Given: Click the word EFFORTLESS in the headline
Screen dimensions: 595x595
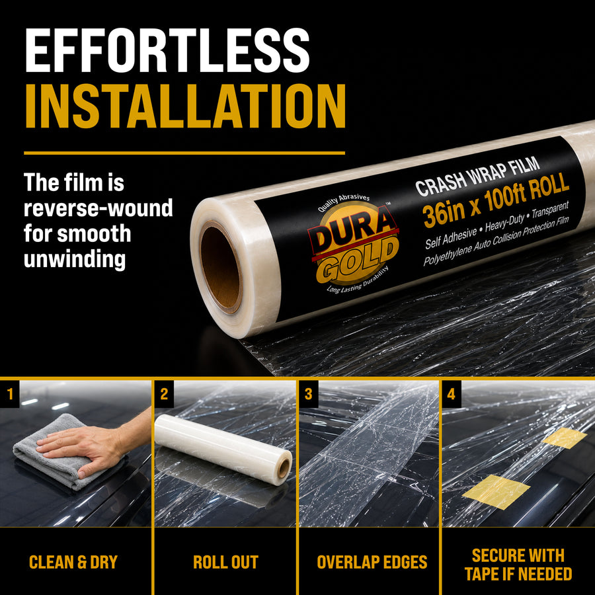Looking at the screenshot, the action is pyautogui.click(x=167, y=50).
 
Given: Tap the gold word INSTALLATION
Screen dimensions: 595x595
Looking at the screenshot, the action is pyautogui.click(x=185, y=106).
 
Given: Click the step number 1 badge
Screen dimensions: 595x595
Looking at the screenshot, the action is pyautogui.click(x=9, y=394).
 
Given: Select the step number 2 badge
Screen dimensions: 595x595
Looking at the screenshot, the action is pyautogui.click(x=164, y=394).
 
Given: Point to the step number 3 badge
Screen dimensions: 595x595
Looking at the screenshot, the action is pyautogui.click(x=309, y=394).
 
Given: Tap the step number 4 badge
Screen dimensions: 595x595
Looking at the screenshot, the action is pyautogui.click(x=451, y=394).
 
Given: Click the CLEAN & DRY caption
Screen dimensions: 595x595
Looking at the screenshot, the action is pyautogui.click(x=73, y=562).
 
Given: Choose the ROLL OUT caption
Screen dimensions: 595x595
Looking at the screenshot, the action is pyautogui.click(x=225, y=562).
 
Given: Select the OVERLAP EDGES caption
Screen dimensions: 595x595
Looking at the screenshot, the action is pyautogui.click(x=372, y=562).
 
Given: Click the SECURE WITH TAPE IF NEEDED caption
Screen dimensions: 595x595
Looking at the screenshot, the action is pyautogui.click(x=518, y=565).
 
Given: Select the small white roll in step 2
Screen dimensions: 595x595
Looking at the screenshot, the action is pyautogui.click(x=223, y=449).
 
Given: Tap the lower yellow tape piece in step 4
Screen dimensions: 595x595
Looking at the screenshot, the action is pyautogui.click(x=496, y=491).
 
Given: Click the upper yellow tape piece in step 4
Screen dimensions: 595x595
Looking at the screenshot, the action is pyautogui.click(x=565, y=438).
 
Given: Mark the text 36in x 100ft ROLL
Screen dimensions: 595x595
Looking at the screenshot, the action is pyautogui.click(x=496, y=200).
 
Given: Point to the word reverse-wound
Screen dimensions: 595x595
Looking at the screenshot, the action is pyautogui.click(x=99, y=208).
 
